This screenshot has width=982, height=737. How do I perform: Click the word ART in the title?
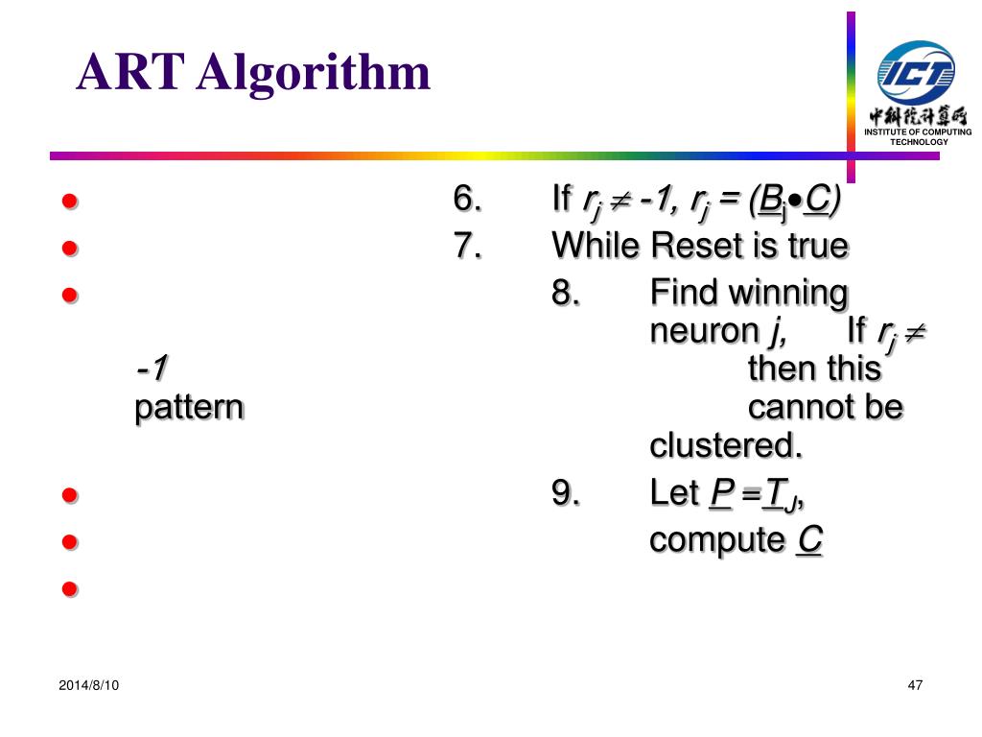(x=129, y=74)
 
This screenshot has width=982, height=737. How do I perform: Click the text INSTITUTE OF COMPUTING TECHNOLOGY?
(x=918, y=136)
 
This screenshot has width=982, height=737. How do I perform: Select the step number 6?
(x=467, y=200)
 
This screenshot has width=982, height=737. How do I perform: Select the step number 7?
(x=467, y=247)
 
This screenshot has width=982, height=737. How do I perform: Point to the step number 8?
(x=565, y=293)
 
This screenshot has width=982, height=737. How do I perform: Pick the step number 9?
(x=565, y=493)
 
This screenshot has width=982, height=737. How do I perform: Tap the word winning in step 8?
(x=789, y=293)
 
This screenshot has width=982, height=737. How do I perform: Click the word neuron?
(x=704, y=332)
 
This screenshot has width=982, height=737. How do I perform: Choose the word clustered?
(x=725, y=446)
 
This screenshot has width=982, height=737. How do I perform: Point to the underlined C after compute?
(x=809, y=540)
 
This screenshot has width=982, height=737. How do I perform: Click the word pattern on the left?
(x=189, y=409)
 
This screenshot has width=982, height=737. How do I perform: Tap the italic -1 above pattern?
(x=152, y=368)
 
